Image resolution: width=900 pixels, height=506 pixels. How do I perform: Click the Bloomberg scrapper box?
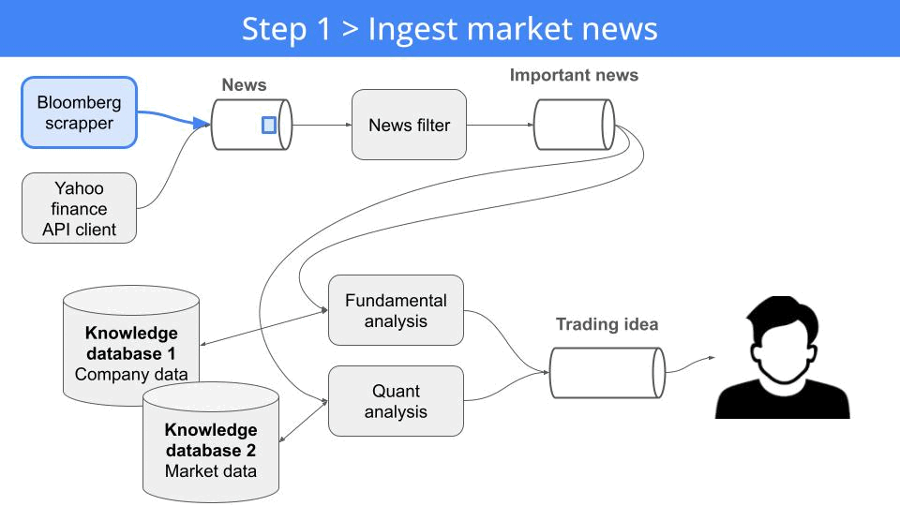(x=80, y=112)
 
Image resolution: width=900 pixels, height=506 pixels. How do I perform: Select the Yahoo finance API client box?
(x=80, y=209)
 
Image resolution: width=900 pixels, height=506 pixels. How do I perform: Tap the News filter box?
(x=409, y=125)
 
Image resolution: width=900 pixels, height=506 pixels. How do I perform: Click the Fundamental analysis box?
(x=396, y=310)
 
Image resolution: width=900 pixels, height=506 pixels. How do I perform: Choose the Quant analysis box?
(x=396, y=401)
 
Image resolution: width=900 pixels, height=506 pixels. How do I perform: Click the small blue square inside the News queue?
(x=269, y=125)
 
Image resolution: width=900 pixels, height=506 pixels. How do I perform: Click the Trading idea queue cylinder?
(x=606, y=372)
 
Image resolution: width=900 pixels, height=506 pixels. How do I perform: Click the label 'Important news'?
(x=574, y=75)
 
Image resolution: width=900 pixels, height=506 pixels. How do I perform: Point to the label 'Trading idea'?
(x=607, y=324)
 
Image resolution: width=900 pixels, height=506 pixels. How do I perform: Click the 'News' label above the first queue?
(x=244, y=85)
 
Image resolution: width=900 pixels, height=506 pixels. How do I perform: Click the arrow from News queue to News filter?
(x=322, y=125)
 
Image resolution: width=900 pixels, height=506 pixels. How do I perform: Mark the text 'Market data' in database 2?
(x=210, y=470)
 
